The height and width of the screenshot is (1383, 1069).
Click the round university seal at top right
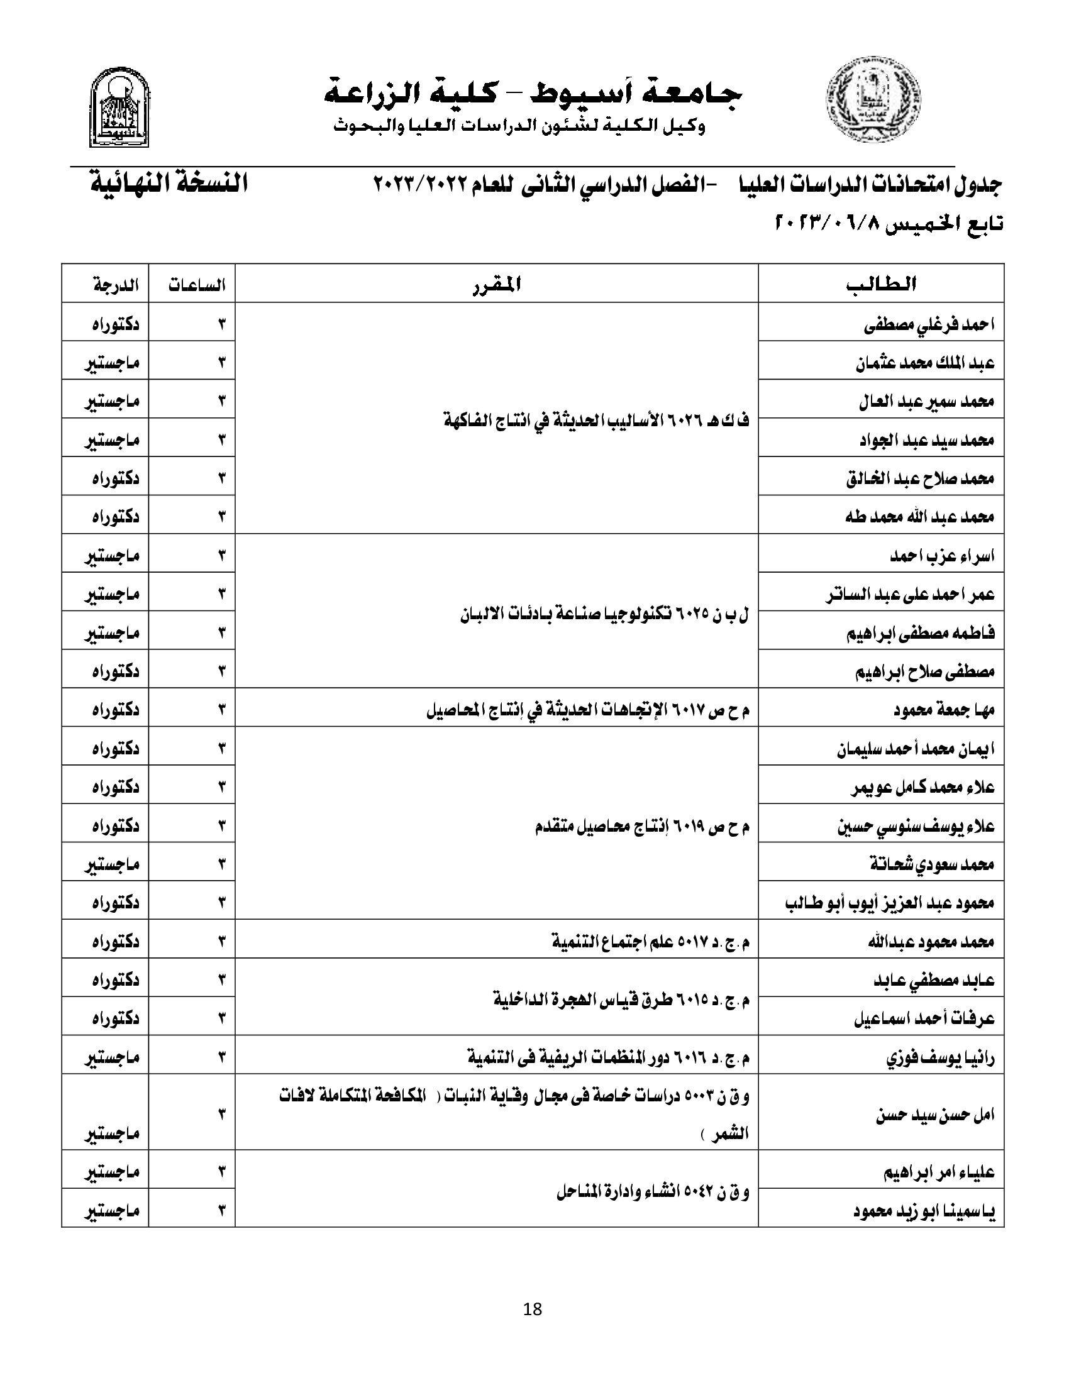click(x=873, y=100)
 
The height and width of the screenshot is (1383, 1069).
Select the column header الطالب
click(x=881, y=284)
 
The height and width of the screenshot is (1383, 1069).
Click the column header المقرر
click(x=497, y=284)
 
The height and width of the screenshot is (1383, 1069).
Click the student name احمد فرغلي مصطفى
click(x=929, y=324)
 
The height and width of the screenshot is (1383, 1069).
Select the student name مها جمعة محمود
click(x=944, y=710)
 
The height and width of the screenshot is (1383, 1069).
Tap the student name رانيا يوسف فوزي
click(x=940, y=1057)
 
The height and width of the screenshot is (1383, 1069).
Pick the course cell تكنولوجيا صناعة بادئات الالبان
click(x=604, y=614)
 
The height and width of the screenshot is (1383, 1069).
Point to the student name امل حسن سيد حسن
click(x=934, y=1114)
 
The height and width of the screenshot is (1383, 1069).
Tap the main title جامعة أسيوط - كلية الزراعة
click(x=533, y=93)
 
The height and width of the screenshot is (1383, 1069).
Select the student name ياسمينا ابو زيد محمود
click(x=924, y=1211)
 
